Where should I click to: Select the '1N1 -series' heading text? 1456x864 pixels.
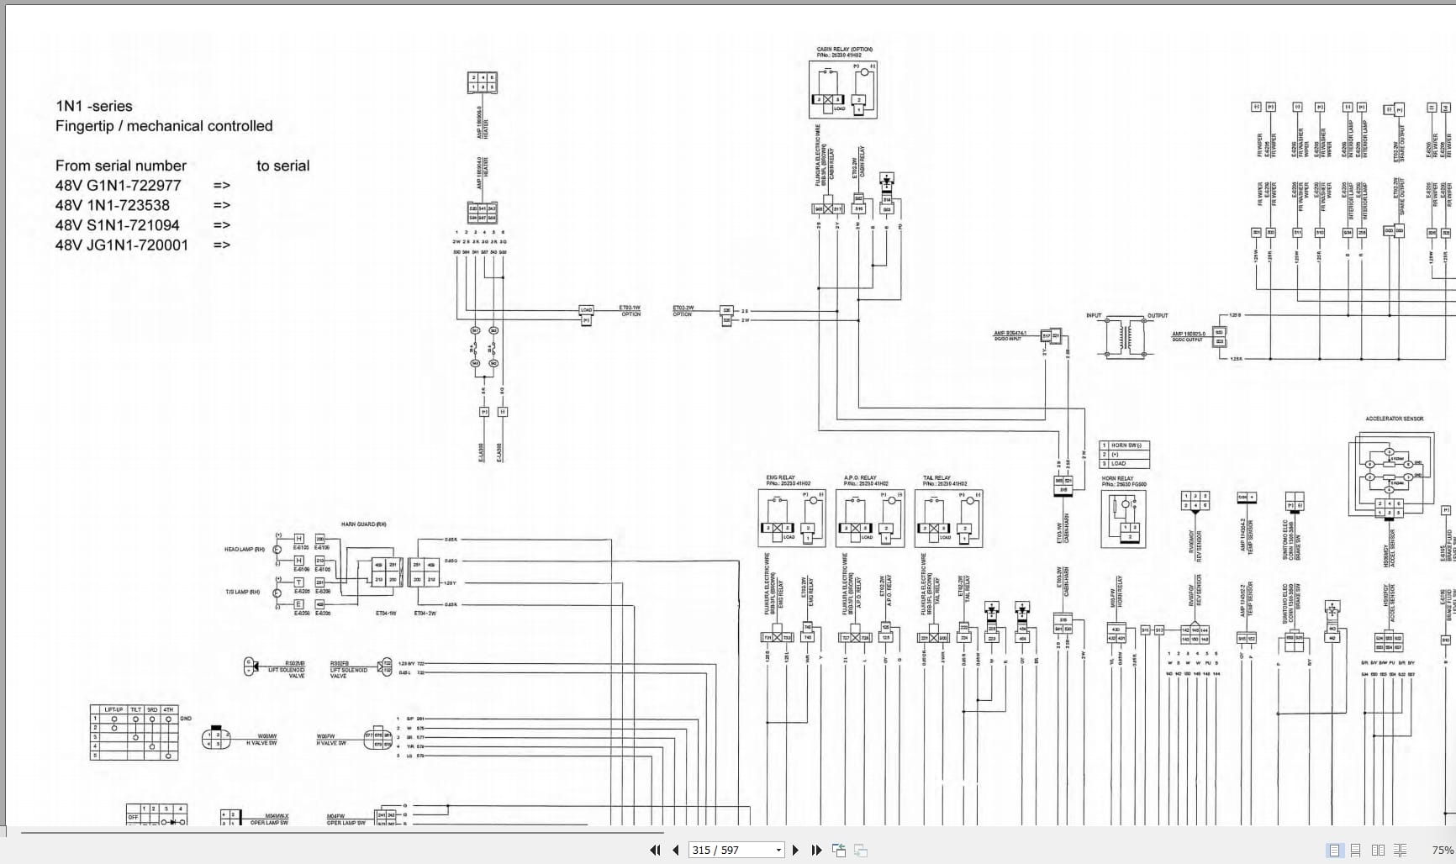pyautogui.click(x=93, y=106)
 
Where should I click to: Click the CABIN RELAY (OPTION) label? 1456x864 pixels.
pyautogui.click(x=844, y=50)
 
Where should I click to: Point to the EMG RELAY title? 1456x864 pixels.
pyautogui.click(x=780, y=477)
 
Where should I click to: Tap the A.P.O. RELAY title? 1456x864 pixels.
pyautogui.click(x=859, y=477)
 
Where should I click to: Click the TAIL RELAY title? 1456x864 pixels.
pyautogui.click(x=936, y=477)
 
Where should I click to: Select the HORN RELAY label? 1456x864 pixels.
pyautogui.click(x=1117, y=478)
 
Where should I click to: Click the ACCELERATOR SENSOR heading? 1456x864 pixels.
pyautogui.click(x=1394, y=419)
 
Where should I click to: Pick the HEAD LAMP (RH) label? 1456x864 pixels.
pyautogui.click(x=244, y=550)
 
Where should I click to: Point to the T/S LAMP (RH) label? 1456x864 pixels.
pyautogui.click(x=242, y=592)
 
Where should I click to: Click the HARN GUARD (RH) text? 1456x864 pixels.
pyautogui.click(x=363, y=524)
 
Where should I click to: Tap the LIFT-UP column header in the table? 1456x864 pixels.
pyautogui.click(x=113, y=709)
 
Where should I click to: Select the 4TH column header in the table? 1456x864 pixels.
pyautogui.click(x=169, y=709)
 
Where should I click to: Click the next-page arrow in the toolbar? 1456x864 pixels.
pyautogui.click(x=795, y=850)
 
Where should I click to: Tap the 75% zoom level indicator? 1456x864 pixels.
pyautogui.click(x=1443, y=850)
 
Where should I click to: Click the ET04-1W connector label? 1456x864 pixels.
pyautogui.click(x=386, y=614)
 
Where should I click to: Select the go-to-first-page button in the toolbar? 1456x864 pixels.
pyautogui.click(x=655, y=850)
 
